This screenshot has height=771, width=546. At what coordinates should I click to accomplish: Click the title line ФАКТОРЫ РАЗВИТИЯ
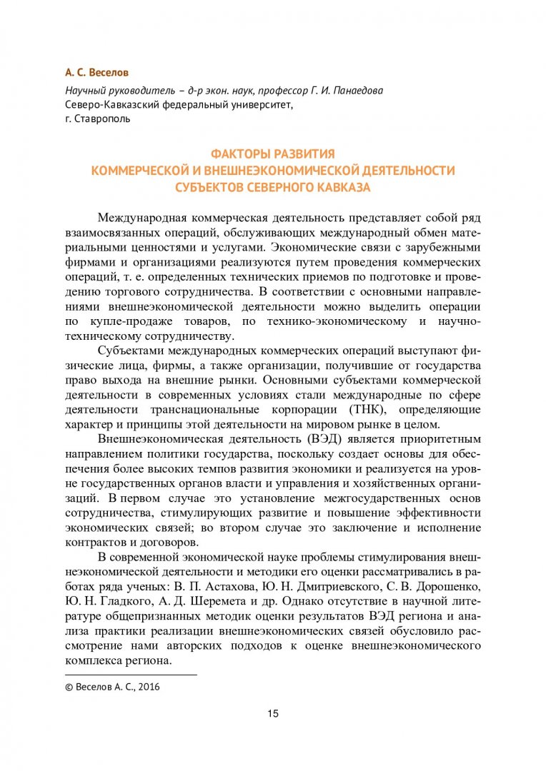[272, 154]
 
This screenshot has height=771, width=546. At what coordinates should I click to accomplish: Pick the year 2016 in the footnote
[149, 687]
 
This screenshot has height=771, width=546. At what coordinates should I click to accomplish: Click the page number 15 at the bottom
[273, 714]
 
